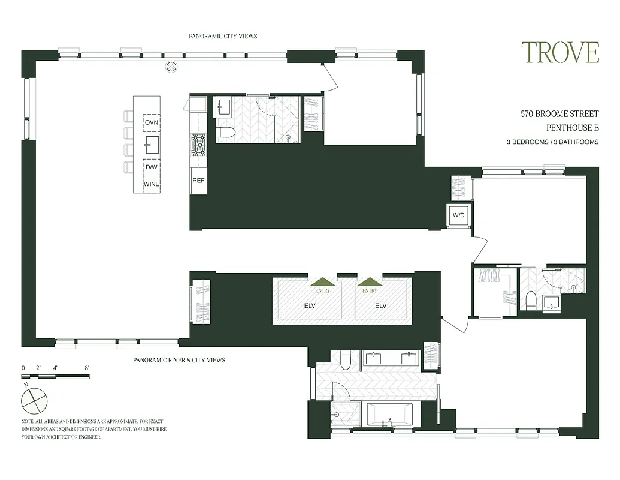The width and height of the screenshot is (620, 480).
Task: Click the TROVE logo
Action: pyautogui.click(x=559, y=53)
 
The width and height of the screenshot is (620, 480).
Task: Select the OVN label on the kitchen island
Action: pyautogui.click(x=152, y=123)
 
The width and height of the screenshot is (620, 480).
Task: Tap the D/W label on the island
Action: pyautogui.click(x=152, y=167)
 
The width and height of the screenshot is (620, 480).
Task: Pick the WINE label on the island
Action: pyautogui.click(x=152, y=184)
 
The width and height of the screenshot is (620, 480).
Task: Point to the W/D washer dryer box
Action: pyautogui.click(x=459, y=215)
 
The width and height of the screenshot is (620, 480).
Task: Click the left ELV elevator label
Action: pyautogui.click(x=309, y=305)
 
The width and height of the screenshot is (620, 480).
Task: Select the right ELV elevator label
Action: pyautogui.click(x=380, y=305)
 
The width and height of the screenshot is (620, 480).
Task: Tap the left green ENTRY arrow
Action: pyautogui.click(x=322, y=282)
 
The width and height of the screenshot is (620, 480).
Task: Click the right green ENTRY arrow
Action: pyautogui.click(x=370, y=282)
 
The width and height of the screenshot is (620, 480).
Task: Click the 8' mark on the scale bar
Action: pyautogui.click(x=87, y=367)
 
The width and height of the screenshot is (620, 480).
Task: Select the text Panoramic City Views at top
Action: pyautogui.click(x=223, y=36)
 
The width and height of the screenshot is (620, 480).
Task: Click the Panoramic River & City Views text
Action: pyautogui.click(x=179, y=360)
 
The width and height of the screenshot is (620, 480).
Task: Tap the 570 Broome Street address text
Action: pyautogui.click(x=559, y=113)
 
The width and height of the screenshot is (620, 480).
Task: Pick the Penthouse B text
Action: pyautogui.click(x=573, y=127)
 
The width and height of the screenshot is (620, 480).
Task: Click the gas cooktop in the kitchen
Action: pyautogui.click(x=198, y=144)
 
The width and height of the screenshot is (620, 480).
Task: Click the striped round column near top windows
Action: pyautogui.click(x=171, y=66)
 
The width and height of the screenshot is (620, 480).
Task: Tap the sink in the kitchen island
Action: pyautogui.click(x=152, y=144)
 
